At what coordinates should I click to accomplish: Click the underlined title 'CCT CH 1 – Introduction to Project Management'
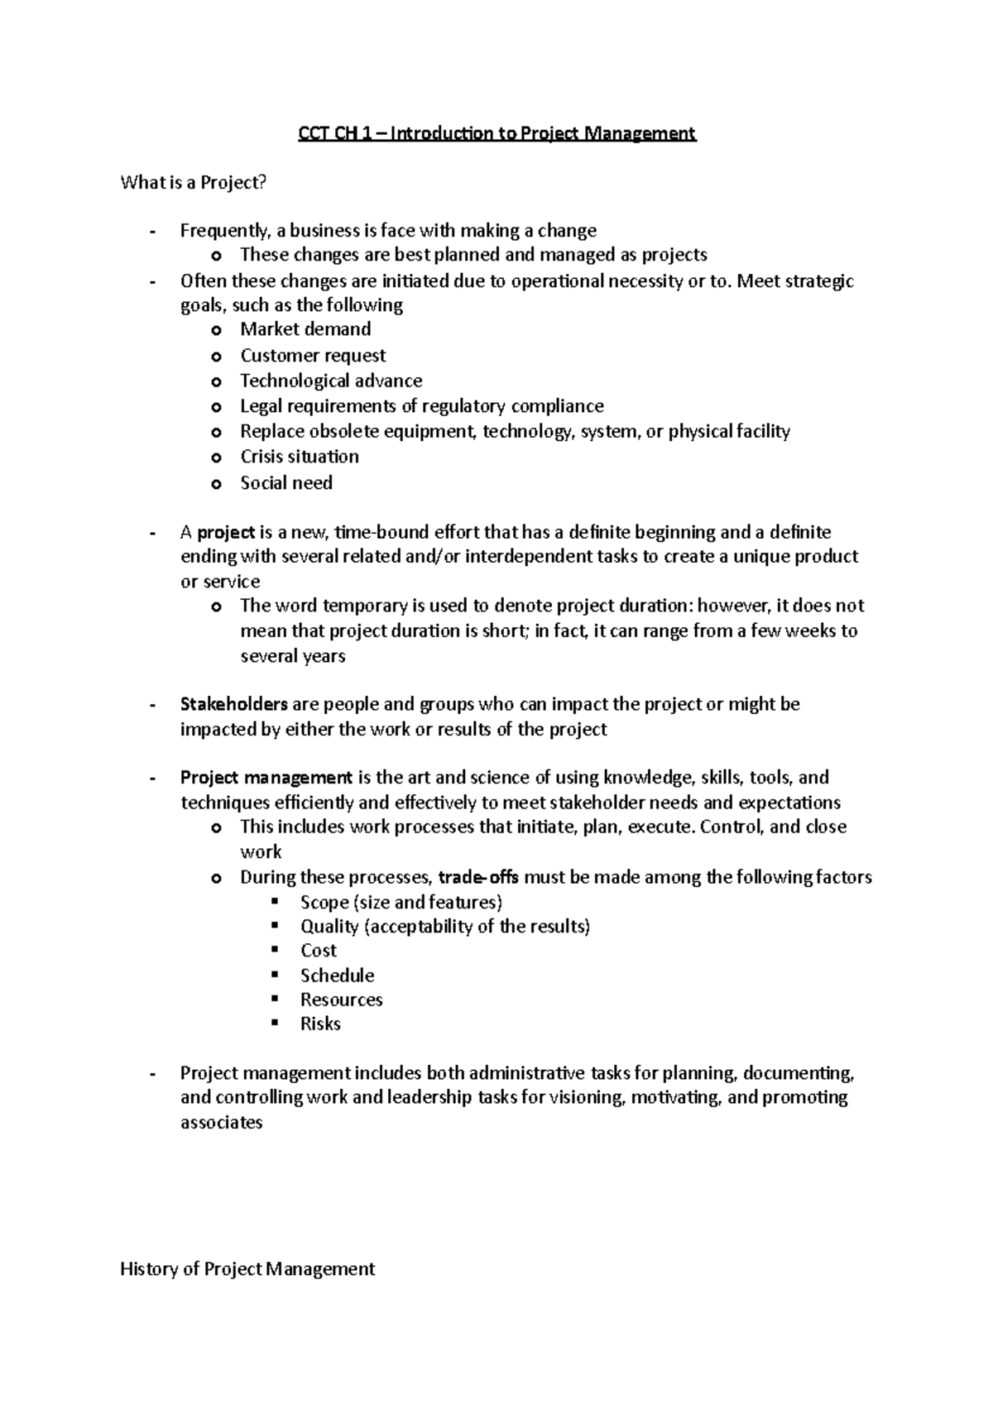[496, 133]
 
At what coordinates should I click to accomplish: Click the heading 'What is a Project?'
[194, 183]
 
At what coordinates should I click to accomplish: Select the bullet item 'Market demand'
[305, 329]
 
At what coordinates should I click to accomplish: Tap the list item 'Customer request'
[313, 356]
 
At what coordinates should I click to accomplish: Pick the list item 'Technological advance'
[331, 381]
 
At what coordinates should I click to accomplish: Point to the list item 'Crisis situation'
[300, 457]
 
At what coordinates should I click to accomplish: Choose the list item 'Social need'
[286, 483]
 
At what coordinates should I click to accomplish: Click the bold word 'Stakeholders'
[233, 704]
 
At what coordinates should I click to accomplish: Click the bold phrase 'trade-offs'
[478, 877]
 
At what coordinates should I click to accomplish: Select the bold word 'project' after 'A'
[226, 532]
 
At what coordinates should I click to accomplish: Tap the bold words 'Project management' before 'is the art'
[266, 778]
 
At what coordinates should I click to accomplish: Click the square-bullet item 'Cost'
[319, 951]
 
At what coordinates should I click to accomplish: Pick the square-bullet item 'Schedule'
[337, 976]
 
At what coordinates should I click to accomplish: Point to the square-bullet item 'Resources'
[341, 1000]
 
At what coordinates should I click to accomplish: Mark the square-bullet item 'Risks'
[320, 1024]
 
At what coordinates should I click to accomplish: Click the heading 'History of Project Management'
[247, 1269]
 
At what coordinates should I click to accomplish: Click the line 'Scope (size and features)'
[401, 902]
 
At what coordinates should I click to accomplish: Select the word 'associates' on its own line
[221, 1123]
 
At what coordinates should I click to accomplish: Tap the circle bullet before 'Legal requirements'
[217, 407]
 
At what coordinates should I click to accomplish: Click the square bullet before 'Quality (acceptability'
[276, 926]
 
